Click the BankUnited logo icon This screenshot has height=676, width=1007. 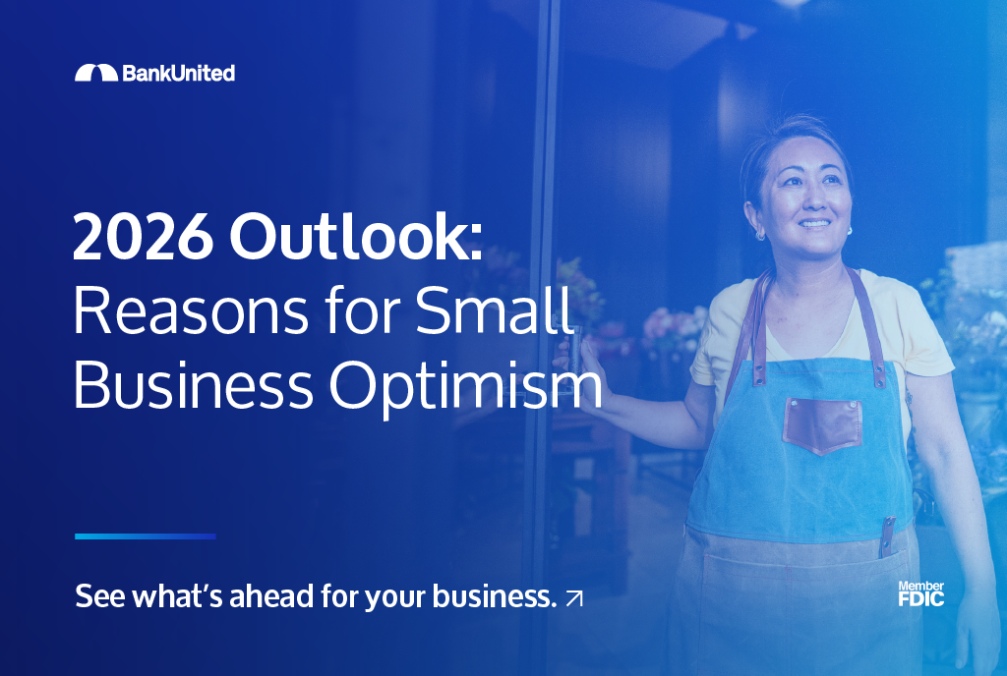coord(95,73)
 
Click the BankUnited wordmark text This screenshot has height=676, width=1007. coord(178,73)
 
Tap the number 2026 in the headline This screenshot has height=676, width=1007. coord(142,239)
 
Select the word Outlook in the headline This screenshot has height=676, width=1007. coord(357,239)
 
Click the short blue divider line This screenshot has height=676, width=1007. coord(145,536)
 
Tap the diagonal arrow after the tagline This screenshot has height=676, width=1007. coord(574,597)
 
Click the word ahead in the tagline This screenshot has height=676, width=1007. coord(271,596)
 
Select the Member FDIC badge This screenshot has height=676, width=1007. coord(920,593)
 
